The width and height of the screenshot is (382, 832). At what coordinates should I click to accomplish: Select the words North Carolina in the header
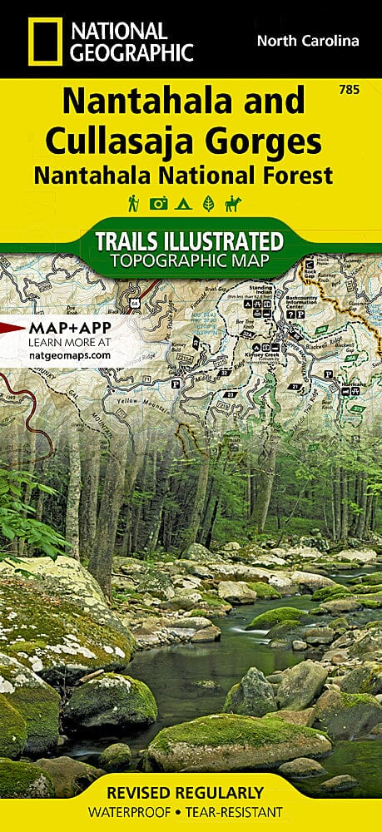pos(308,41)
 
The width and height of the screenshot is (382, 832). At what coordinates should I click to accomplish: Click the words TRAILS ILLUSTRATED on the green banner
pos(189,242)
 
